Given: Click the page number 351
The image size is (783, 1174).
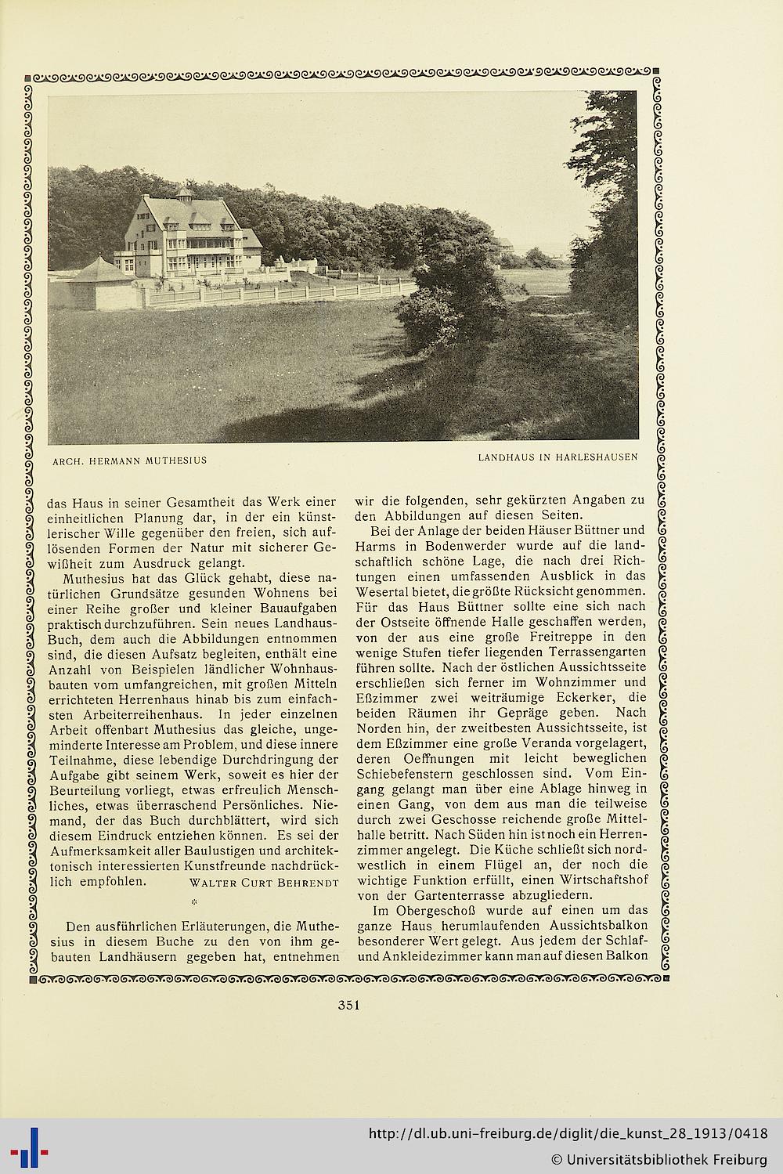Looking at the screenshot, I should coord(348,1006).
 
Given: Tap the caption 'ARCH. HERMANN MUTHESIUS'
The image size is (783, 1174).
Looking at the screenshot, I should coord(129,460).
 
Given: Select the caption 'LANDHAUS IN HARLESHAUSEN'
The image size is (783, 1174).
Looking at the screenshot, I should coord(558,456).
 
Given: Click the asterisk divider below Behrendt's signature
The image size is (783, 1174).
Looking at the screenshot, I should coord(193,903).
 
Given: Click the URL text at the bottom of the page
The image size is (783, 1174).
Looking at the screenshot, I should coord(568,1133).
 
